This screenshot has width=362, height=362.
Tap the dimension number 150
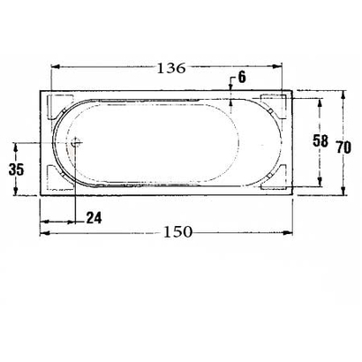pos(179,231)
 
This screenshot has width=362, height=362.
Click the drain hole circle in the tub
pos(76,141)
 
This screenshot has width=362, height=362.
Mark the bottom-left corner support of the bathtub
pos(59,181)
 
